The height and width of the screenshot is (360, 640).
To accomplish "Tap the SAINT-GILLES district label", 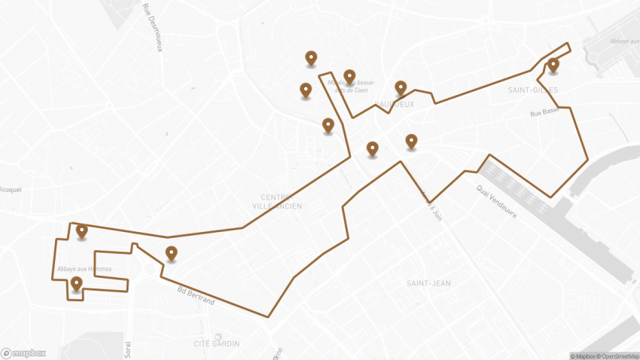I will click(532, 90).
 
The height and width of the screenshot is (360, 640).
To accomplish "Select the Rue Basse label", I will click(544, 113).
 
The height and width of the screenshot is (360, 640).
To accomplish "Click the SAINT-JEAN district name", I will click(428, 283).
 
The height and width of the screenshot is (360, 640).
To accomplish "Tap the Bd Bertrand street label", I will click(196, 295).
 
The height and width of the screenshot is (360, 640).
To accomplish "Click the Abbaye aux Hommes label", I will click(84, 269).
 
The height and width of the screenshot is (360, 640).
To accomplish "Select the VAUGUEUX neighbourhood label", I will click(395, 104).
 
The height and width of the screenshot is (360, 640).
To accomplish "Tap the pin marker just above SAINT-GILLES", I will click(553, 66).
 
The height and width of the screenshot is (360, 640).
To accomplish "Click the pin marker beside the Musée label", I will click(349, 77).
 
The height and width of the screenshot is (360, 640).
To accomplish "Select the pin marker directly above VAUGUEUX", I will click(401, 88).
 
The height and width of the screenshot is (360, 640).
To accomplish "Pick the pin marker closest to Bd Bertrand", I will click(171, 254).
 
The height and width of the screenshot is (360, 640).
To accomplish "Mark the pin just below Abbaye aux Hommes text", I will click(76, 284).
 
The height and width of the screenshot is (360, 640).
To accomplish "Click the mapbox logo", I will click(23, 352).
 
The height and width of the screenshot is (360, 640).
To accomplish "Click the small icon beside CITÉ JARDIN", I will click(218, 337).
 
